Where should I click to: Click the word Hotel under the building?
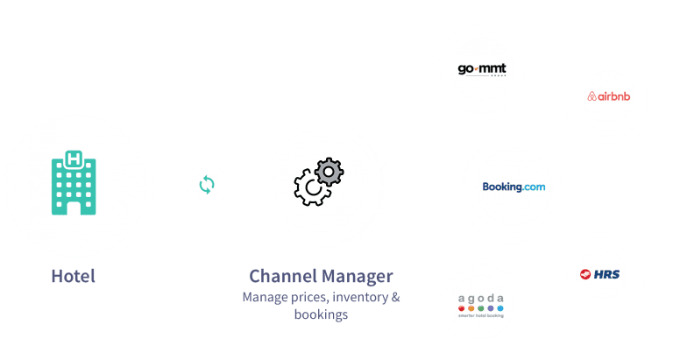(73, 278)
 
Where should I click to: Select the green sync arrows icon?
(207, 186)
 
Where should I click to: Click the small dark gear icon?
(329, 171)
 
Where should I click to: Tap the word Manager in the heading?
(354, 277)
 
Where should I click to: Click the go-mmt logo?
(483, 68)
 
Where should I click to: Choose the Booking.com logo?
(514, 187)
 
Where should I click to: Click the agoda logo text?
(482, 299)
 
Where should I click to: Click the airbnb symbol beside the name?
(593, 95)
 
